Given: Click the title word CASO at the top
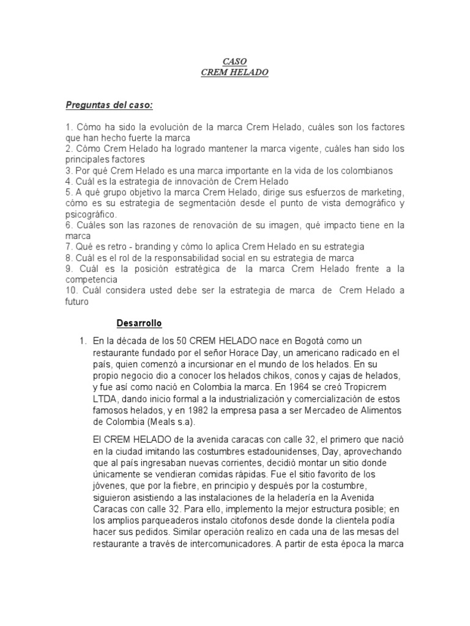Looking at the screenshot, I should pos(235,62).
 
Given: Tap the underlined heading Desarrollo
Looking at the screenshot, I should pos(139,323).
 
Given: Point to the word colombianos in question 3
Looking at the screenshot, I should pos(367,171).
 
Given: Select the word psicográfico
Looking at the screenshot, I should pos(90,215).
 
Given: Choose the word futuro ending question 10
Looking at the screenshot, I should pos(77,301).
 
